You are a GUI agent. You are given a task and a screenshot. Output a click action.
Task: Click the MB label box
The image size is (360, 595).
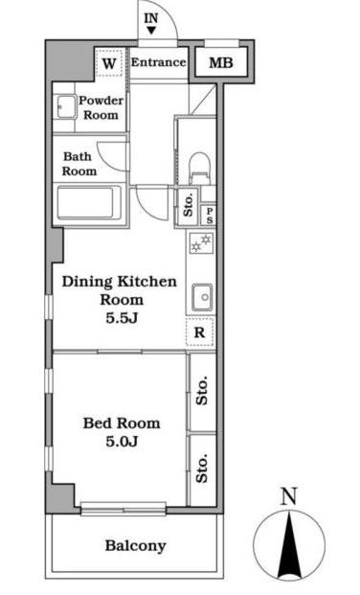pos(221,62)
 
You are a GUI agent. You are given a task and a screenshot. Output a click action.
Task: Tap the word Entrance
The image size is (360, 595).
pos(159,62)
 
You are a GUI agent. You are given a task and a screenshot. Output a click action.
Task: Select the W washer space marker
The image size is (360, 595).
pos(109,63)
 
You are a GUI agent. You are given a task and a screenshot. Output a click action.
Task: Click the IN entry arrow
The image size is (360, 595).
pos(151,31)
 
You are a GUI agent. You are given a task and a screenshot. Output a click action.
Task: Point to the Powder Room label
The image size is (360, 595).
pos(101,107)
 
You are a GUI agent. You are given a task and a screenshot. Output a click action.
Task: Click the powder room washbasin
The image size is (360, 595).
pos(66,107)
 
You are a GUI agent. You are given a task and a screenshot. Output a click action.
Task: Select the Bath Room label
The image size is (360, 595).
pos(79,164)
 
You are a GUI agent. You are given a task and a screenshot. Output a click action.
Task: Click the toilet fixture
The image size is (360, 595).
pos(199,167)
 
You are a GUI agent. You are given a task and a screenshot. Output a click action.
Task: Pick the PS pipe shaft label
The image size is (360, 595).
pos(210,216)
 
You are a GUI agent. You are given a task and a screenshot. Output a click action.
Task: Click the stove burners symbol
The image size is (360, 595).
pos(201,243)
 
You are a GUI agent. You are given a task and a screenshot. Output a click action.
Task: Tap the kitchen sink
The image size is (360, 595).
pos(202,297)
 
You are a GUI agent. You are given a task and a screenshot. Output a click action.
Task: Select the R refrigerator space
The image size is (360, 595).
pos(200,332)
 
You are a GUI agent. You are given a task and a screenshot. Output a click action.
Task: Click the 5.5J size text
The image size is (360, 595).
pos(122,318)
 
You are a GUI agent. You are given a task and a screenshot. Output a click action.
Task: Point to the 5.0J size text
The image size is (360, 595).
pos(122,442)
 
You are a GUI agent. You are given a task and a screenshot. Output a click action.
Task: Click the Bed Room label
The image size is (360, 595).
pos(122,423)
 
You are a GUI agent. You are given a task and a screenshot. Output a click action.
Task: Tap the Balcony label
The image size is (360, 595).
pos(135,546)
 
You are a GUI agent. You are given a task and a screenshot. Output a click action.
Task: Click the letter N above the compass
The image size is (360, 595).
pos(289,496)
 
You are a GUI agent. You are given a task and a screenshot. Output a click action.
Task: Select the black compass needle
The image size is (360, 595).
pos(289,545)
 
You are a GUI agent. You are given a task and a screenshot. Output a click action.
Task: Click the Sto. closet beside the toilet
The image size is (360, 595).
pos(189,207)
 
